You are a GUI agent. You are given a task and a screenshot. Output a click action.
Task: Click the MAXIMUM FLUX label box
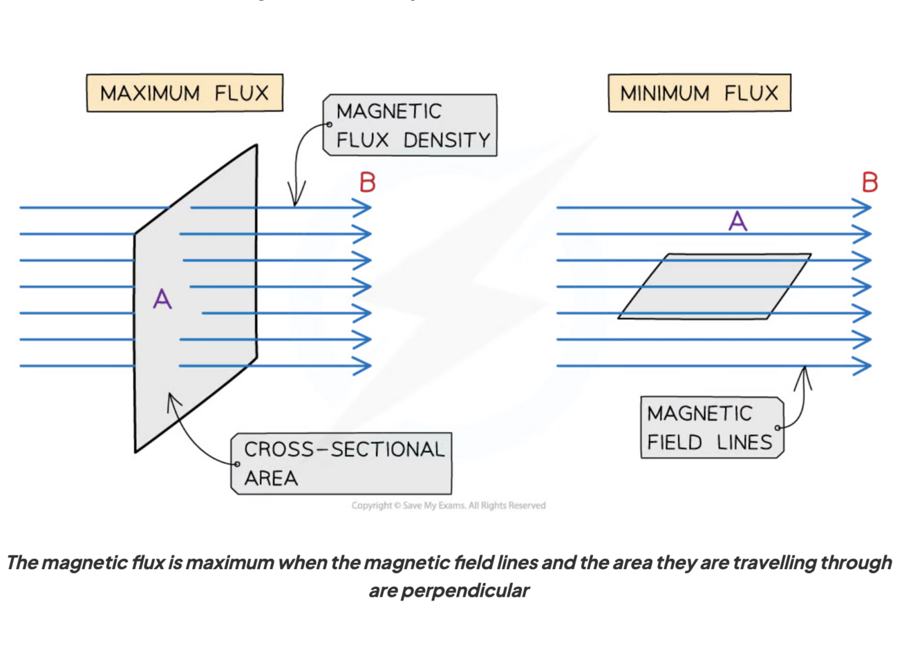click(185, 93)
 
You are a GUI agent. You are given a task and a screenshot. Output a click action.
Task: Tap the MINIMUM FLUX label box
click(699, 93)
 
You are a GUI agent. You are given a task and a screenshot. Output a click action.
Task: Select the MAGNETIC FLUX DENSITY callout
click(410, 125)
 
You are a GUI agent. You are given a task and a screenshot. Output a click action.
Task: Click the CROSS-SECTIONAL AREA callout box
click(341, 463)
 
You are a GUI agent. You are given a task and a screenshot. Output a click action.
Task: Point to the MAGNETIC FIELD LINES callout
click(712, 427)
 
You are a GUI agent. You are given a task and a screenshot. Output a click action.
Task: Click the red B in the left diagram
click(368, 182)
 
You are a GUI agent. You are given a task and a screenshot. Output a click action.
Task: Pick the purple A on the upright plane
click(162, 299)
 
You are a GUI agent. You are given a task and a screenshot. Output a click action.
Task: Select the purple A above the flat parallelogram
click(738, 222)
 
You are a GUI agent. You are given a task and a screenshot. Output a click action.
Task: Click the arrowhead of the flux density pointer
click(296, 197)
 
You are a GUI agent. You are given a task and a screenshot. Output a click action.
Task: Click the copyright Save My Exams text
click(448, 506)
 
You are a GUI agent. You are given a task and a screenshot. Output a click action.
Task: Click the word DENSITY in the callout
click(446, 140)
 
